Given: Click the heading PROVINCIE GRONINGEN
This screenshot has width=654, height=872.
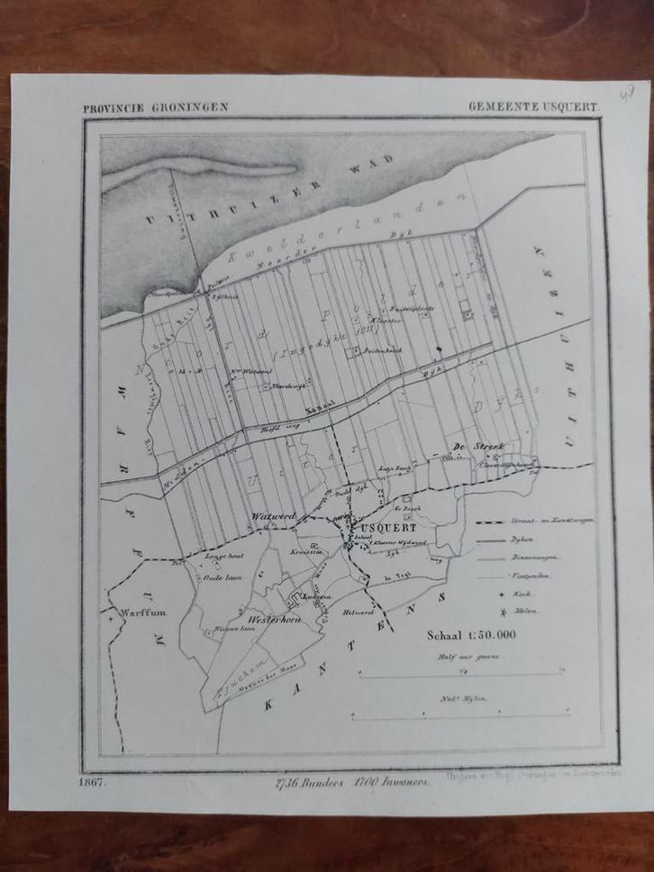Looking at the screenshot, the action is [x=155, y=106].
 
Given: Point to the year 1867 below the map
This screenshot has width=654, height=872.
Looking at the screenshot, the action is [x=93, y=781].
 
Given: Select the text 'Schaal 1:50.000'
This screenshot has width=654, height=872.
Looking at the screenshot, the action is [x=471, y=634].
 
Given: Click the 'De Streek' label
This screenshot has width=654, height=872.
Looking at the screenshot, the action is [x=470, y=447].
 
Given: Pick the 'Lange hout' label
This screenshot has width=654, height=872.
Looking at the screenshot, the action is [x=224, y=556].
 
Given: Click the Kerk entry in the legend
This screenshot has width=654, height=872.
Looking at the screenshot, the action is [x=522, y=595].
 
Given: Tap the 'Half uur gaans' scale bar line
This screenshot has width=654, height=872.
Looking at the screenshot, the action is [x=460, y=673].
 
